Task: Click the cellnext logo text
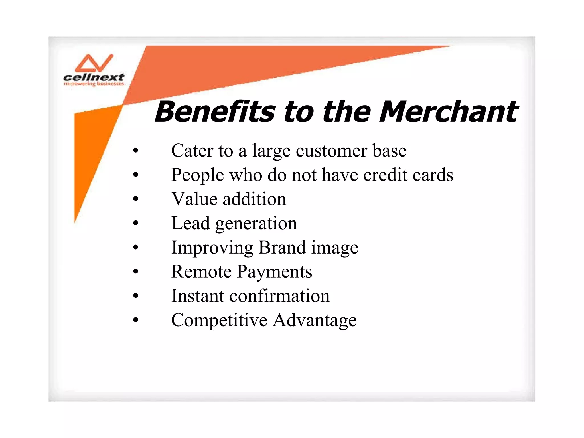pyautogui.click(x=94, y=77)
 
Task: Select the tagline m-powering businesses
pyautogui.click(x=94, y=84)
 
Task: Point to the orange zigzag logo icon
pyautogui.click(x=94, y=63)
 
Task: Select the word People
pyautogui.click(x=197, y=175)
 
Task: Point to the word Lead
pyautogui.click(x=190, y=223)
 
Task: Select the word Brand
pyautogui.click(x=282, y=247)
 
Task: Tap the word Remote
pyautogui.click(x=201, y=271)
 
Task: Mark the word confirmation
pyautogui.click(x=279, y=296)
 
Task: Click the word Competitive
pyautogui.click(x=219, y=320)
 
